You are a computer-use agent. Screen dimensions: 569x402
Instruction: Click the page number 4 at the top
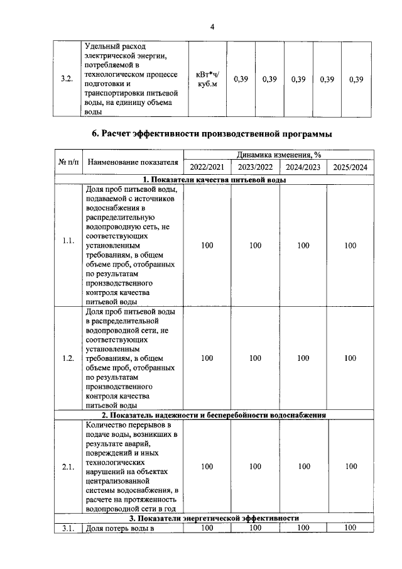point(212,26)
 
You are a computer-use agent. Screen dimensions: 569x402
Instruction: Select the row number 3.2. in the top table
point(66,79)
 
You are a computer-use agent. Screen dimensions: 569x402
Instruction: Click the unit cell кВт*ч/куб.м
point(207,79)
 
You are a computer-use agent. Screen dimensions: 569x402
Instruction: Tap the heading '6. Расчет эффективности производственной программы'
point(212,133)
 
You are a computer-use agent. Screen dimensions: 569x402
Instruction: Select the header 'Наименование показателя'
point(132,162)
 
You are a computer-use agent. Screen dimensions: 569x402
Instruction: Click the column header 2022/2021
point(207,168)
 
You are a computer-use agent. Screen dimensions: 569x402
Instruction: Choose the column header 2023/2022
point(254,168)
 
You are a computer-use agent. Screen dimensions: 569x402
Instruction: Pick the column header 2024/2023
point(303,168)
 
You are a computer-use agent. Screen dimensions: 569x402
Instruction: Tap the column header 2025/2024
point(350,168)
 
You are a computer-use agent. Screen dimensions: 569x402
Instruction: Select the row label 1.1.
point(68,245)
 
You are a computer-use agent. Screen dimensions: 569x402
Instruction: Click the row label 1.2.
point(68,358)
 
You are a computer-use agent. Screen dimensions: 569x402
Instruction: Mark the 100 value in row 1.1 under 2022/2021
point(207,245)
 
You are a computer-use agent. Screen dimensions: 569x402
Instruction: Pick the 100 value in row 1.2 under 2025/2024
point(350,358)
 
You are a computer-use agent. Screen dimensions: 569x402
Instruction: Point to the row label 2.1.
point(68,467)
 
